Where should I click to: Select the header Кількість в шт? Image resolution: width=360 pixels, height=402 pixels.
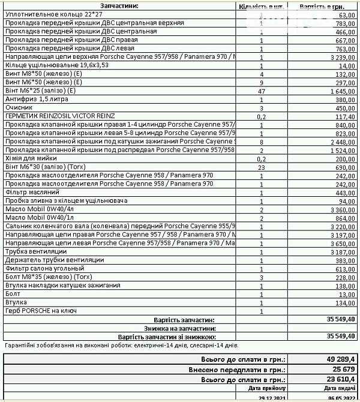coord(262,6)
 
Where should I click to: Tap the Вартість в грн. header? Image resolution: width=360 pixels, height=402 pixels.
coord(321,6)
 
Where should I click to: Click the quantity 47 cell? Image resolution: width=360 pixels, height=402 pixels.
coord(262,91)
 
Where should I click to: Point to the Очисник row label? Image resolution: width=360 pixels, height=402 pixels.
coord(19,107)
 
